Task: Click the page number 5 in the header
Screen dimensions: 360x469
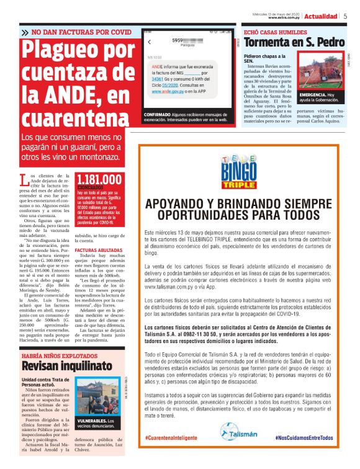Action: pyautogui.click(x=345, y=16)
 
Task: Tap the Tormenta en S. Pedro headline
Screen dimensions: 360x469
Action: pyautogui.click(x=294, y=42)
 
